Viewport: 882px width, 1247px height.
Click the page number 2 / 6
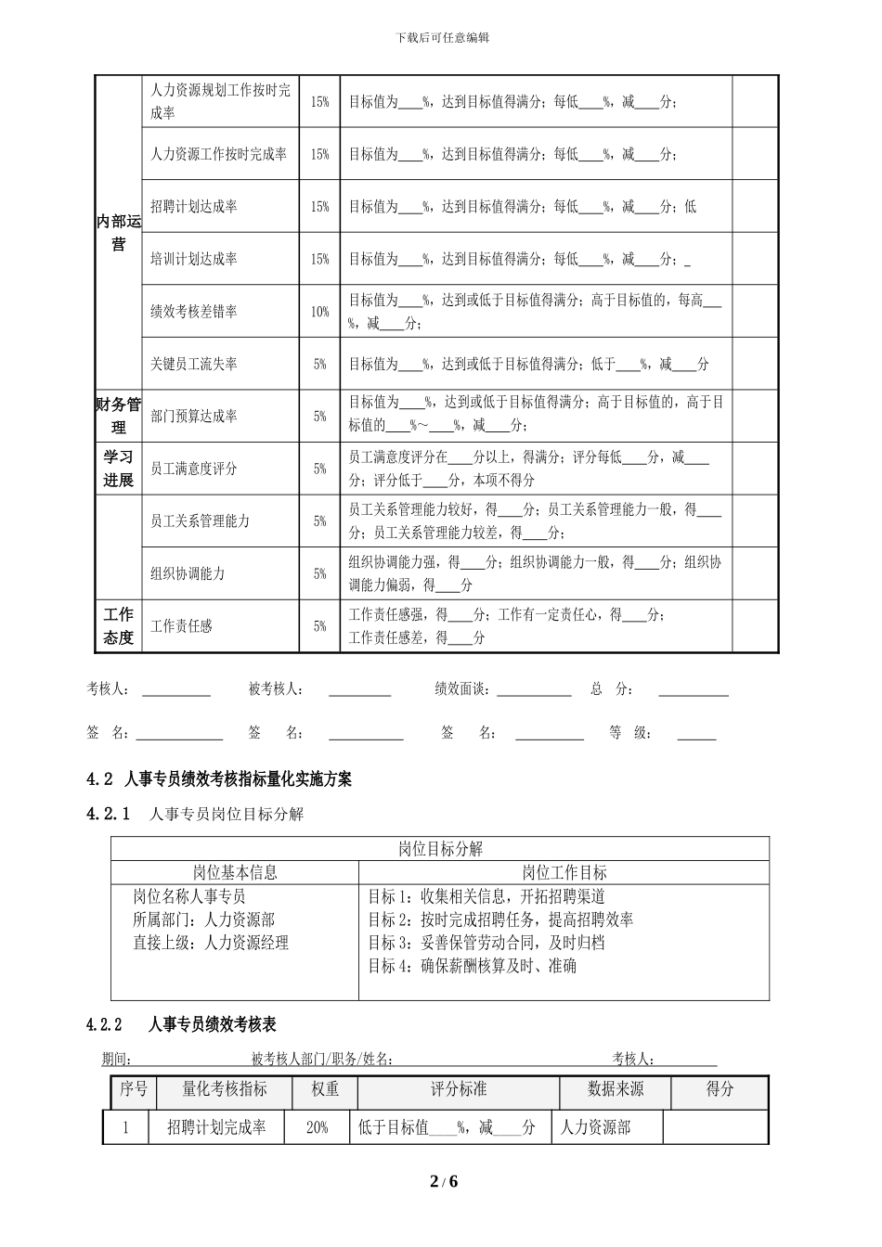(x=444, y=1181)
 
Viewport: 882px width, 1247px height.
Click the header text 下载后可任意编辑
(x=442, y=38)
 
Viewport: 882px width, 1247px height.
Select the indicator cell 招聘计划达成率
(x=193, y=206)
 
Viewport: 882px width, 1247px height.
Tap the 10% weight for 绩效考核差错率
(x=319, y=312)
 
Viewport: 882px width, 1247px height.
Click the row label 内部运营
(x=119, y=233)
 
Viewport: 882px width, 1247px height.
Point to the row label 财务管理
(x=119, y=416)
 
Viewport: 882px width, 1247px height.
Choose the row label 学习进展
(x=119, y=469)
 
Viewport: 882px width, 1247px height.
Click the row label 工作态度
(x=119, y=626)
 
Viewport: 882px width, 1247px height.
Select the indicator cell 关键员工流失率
(x=193, y=365)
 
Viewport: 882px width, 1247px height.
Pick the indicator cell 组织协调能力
(x=188, y=573)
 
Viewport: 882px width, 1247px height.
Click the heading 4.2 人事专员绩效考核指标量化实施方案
(x=219, y=779)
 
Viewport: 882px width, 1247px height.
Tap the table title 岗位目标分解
(x=440, y=849)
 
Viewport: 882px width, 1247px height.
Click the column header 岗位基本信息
(x=235, y=872)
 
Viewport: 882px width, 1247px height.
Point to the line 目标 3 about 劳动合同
(x=486, y=943)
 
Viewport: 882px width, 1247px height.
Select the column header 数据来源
(x=616, y=1089)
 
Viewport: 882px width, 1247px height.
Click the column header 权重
(x=325, y=1089)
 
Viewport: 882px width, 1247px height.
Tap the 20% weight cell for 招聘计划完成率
(x=318, y=1127)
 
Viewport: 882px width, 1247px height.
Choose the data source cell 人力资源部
(x=595, y=1127)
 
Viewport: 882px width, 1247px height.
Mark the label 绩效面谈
(x=463, y=689)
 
